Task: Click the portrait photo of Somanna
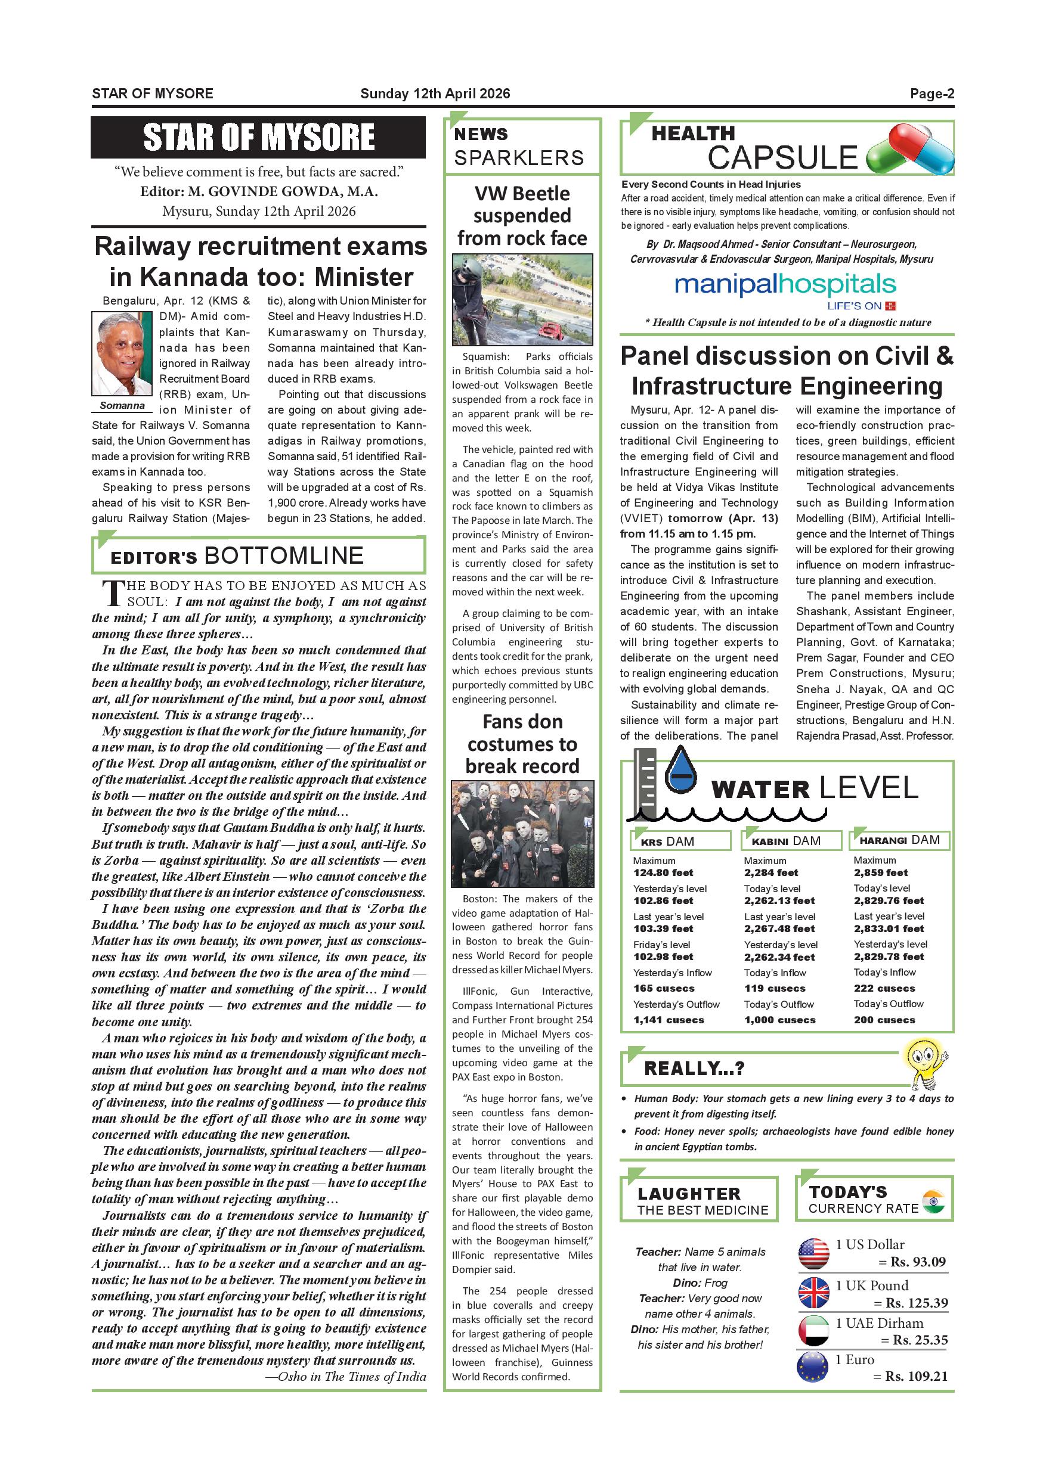click(122, 353)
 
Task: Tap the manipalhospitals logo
click(785, 285)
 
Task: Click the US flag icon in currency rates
click(813, 1253)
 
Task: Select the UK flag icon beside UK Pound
click(813, 1293)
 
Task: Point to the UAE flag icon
click(813, 1331)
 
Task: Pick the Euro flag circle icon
click(813, 1368)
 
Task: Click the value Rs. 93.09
click(918, 1262)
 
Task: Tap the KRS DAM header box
click(680, 841)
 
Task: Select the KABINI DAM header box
click(791, 841)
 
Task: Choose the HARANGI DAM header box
click(900, 840)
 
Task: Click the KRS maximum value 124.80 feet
click(663, 873)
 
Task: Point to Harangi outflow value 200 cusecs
click(884, 1020)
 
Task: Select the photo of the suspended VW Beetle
click(522, 299)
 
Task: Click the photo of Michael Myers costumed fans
click(522, 834)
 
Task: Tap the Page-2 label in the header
click(932, 94)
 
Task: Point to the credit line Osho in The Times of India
click(346, 1376)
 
